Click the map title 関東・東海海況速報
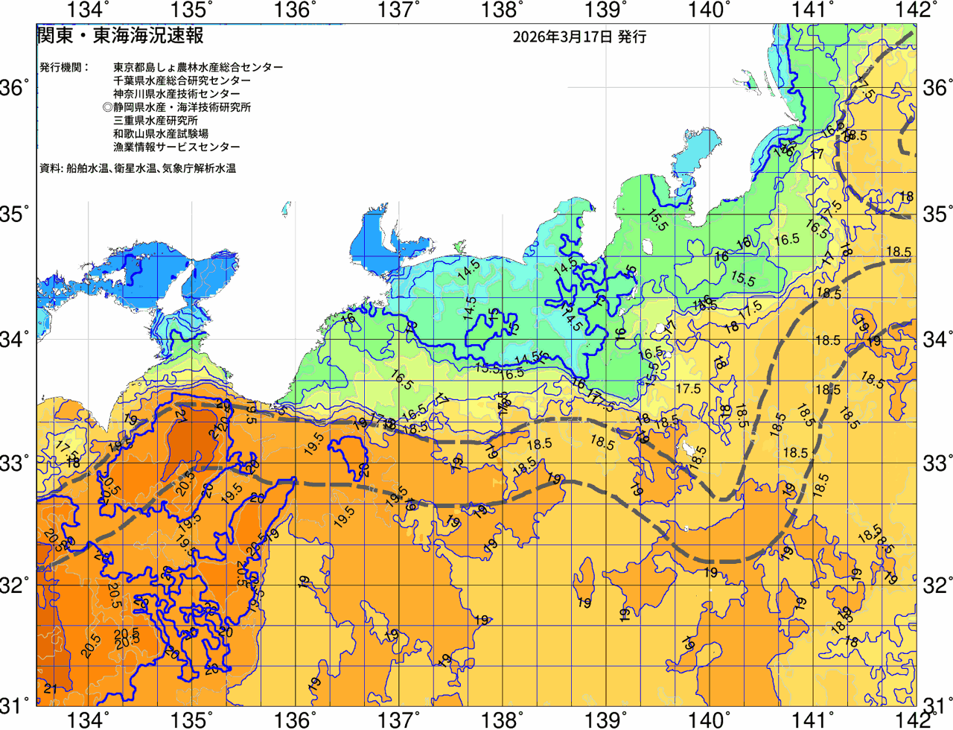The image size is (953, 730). (119, 36)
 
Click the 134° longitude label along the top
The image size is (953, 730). (88, 10)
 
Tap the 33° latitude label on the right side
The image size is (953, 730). (937, 463)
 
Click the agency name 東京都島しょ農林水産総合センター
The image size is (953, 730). (198, 67)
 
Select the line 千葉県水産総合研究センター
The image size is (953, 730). (182, 80)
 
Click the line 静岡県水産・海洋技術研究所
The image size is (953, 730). (176, 107)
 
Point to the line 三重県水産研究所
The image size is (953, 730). (156, 121)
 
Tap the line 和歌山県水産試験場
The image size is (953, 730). (161, 134)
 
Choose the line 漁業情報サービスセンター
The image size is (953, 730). (176, 147)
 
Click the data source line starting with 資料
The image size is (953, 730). (138, 169)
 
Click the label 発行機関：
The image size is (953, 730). (64, 67)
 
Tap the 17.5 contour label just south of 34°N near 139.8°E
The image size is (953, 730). (688, 389)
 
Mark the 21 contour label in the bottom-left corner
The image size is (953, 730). (50, 689)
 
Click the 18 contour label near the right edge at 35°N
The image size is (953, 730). (906, 197)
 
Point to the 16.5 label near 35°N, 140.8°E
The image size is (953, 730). (786, 240)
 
